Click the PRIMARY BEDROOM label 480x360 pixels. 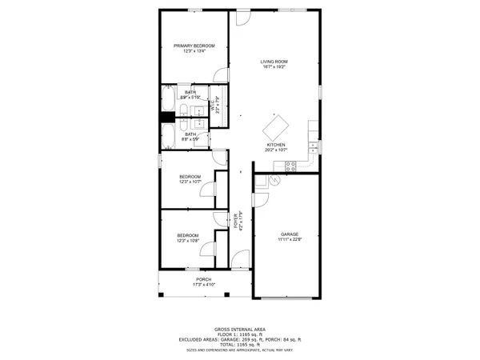point(194,46)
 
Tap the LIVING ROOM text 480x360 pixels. point(274,62)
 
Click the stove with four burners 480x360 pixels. point(290,166)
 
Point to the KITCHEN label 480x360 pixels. point(275,145)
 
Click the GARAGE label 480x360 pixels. point(289,234)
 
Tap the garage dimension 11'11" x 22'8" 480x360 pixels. point(289,239)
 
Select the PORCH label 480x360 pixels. point(204,279)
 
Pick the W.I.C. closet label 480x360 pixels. point(214,104)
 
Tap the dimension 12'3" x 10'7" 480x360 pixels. point(190,182)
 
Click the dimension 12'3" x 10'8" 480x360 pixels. point(188,240)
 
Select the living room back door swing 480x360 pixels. point(244,15)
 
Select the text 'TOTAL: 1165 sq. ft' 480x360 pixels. point(239,345)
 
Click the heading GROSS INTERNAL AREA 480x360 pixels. point(239,330)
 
